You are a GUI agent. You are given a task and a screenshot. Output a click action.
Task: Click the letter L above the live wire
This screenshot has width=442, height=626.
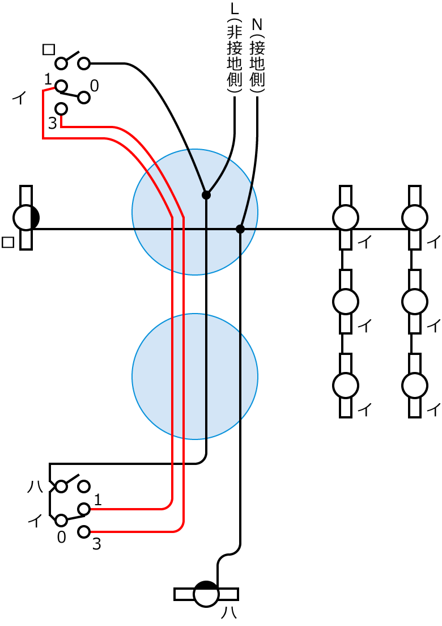pyautogui.click(x=235, y=10)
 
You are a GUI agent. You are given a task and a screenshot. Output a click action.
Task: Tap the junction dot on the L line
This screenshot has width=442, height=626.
pyautogui.click(x=206, y=195)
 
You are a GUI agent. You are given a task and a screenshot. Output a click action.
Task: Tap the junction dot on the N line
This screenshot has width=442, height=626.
pyautogui.click(x=240, y=229)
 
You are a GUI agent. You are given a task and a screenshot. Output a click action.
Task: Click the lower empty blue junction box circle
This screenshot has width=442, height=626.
pyautogui.click(x=195, y=377)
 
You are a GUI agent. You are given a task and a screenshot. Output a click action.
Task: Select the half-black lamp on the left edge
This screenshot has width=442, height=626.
pyautogui.click(x=26, y=217)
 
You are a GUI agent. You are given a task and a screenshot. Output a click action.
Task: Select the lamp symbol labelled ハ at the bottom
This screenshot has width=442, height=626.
pyautogui.click(x=206, y=594)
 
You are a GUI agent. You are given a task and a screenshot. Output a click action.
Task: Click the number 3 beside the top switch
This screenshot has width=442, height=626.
pyautogui.click(x=52, y=123)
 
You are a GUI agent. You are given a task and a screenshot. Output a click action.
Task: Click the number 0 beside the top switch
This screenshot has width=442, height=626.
pyautogui.click(x=94, y=86)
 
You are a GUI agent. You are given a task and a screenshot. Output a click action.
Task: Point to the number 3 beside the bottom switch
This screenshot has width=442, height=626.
pyautogui.click(x=96, y=545)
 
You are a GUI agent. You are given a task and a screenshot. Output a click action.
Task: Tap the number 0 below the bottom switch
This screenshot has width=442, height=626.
pyautogui.click(x=62, y=536)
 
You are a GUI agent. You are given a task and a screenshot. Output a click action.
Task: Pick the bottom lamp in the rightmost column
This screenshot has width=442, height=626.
pyautogui.click(x=415, y=386)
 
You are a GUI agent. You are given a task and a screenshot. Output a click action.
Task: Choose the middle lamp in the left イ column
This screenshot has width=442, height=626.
pyautogui.click(x=345, y=302)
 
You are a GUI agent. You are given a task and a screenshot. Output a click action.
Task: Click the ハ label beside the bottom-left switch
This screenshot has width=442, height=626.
pyautogui.click(x=35, y=486)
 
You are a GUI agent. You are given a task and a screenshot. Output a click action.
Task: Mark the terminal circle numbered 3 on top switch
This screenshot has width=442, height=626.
pyautogui.click(x=61, y=108)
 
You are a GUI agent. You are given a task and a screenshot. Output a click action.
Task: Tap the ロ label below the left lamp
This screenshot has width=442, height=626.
pyautogui.click(x=8, y=242)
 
